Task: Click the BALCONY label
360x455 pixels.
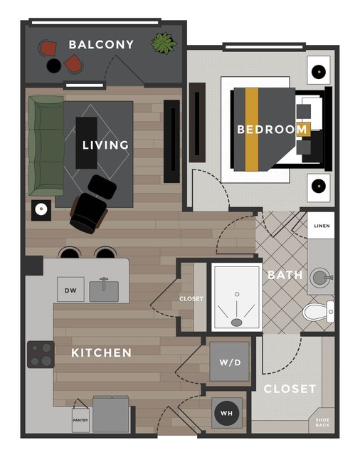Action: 101,44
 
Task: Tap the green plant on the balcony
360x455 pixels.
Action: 164,43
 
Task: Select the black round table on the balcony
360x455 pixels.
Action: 53,66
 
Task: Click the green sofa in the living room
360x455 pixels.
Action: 46,146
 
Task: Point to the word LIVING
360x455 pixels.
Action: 105,145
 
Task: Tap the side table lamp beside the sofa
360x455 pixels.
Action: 41,210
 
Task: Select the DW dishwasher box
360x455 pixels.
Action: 70,289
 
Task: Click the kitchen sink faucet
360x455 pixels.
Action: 104,283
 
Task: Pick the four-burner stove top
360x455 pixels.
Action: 41,355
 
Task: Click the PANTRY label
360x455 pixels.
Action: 80,420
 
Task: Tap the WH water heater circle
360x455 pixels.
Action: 227,413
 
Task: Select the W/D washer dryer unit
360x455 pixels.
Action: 230,362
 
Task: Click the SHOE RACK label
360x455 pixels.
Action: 322,422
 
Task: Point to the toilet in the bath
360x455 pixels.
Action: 318,312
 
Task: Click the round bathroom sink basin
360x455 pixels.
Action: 319,278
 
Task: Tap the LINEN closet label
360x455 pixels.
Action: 322,226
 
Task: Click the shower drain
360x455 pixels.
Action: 237,322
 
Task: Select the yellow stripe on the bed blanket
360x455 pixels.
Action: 252,130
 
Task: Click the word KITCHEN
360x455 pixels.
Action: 102,353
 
